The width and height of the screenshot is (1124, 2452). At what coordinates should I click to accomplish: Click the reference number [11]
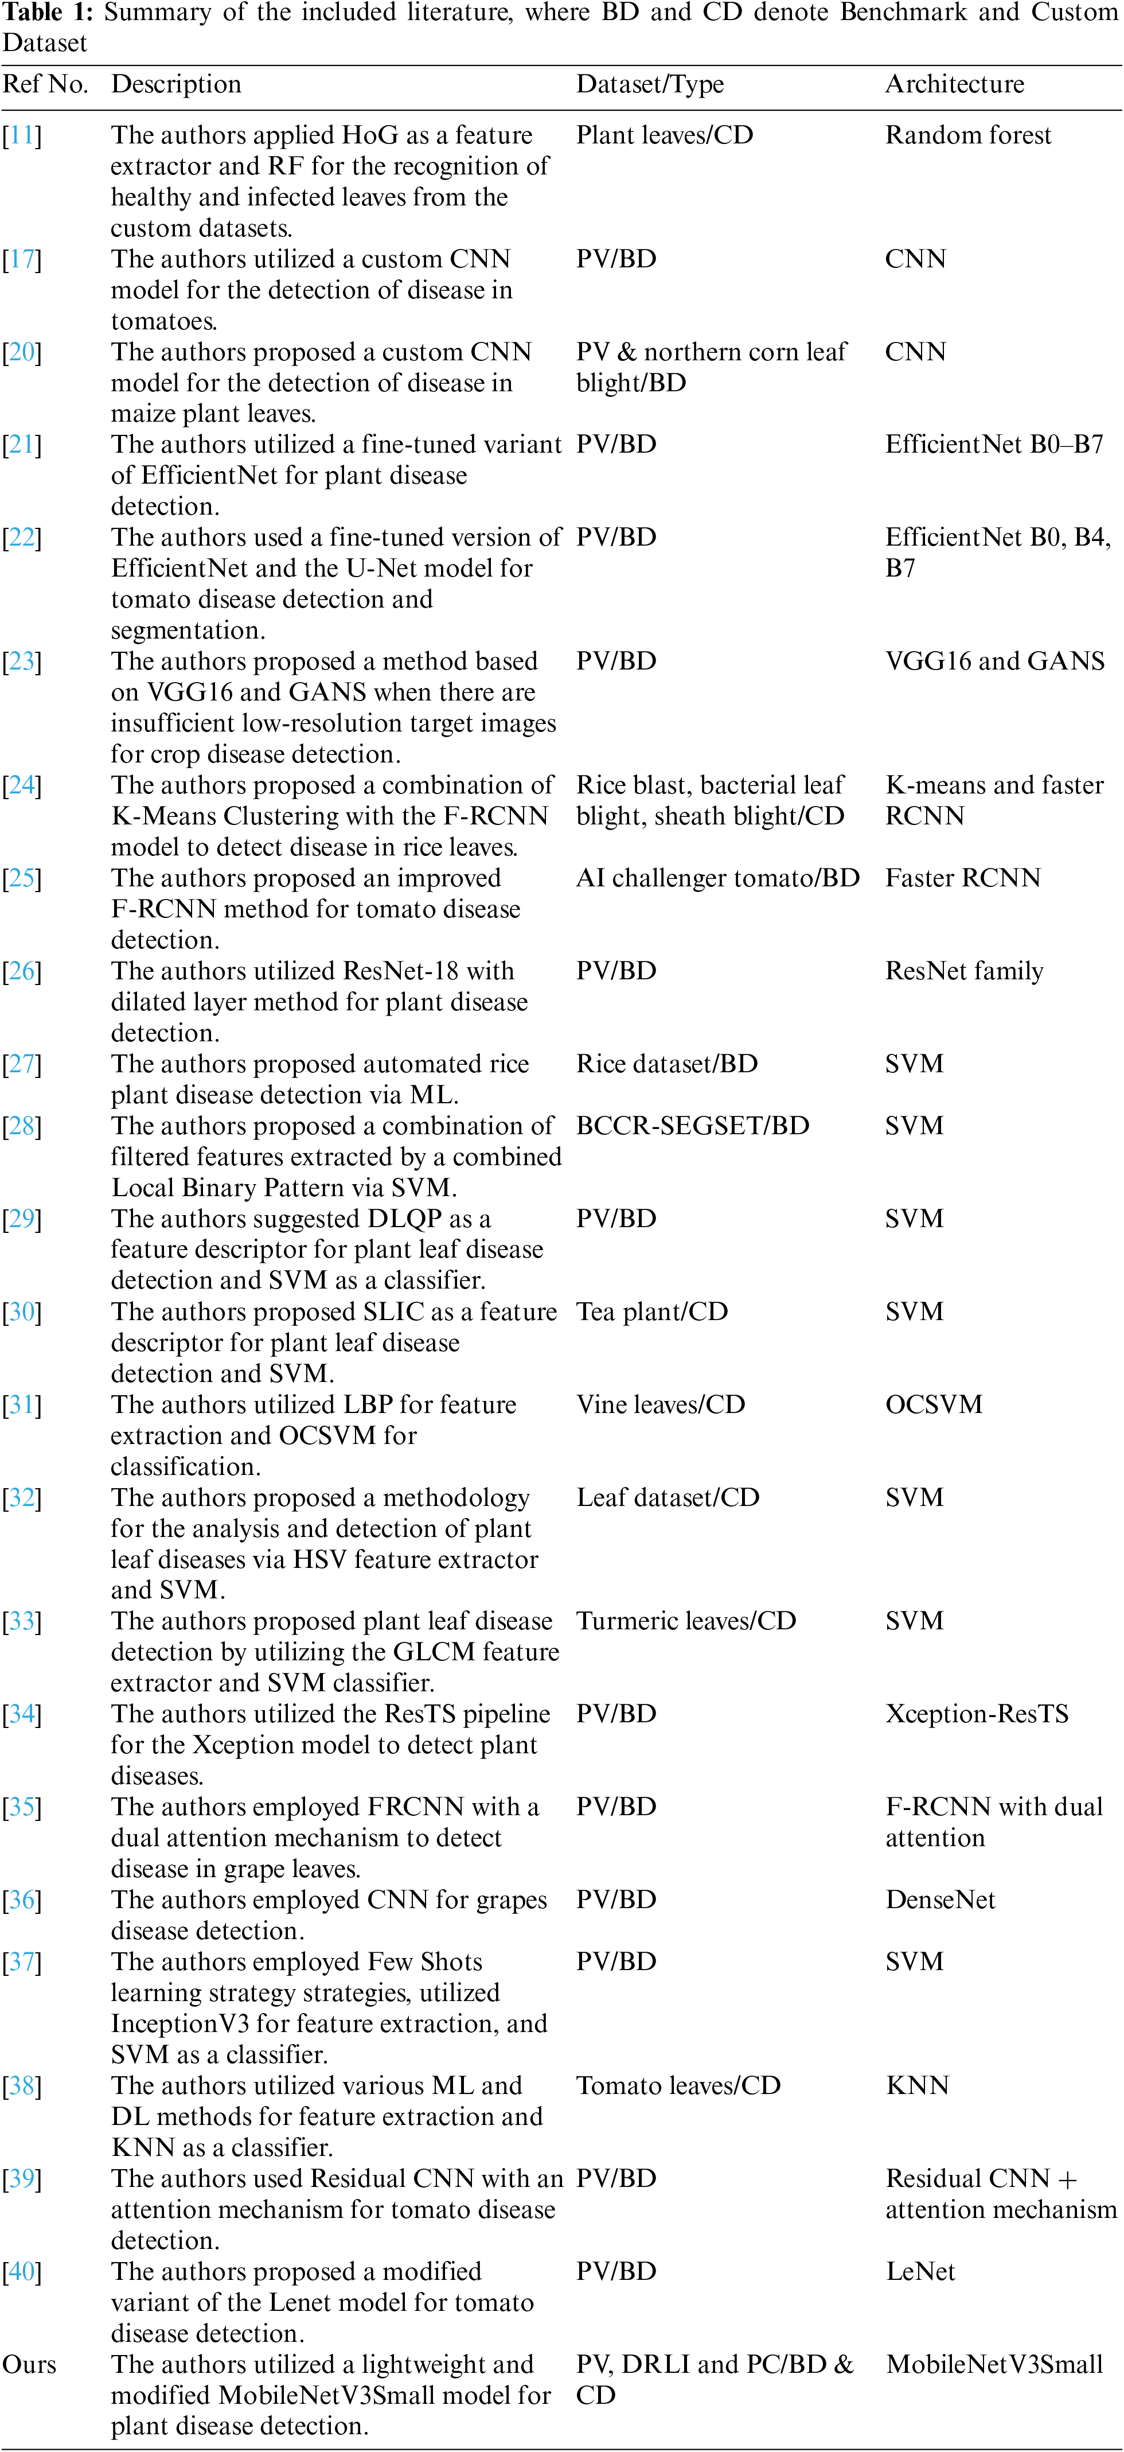[22, 135]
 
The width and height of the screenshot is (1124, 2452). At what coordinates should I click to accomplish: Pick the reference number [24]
[22, 785]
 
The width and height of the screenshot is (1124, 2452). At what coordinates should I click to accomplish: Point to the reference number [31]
[22, 1405]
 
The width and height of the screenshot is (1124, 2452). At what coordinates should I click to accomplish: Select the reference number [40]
[22, 2272]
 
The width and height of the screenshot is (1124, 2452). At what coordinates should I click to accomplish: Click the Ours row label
[29, 2364]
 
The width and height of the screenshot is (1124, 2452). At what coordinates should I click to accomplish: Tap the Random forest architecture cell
[968, 135]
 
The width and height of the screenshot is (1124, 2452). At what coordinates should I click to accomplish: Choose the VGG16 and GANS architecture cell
[994, 661]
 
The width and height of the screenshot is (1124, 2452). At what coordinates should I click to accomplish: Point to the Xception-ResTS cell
[977, 1714]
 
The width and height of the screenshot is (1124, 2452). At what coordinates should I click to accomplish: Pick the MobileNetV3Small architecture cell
[994, 2364]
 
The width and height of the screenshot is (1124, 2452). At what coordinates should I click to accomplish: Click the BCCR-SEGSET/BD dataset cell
[692, 1126]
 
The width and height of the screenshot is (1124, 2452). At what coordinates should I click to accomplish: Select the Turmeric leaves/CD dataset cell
[685, 1621]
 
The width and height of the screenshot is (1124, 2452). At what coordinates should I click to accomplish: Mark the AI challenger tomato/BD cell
[717, 878]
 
